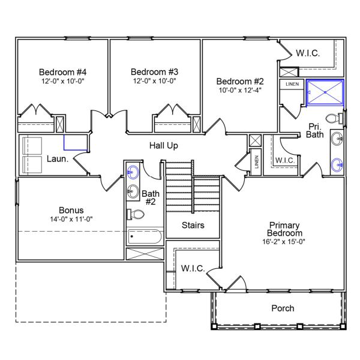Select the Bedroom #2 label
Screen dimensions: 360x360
(x=240, y=81)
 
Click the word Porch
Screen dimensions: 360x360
(x=283, y=308)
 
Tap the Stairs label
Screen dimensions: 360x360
(x=193, y=226)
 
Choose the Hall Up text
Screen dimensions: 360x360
(x=163, y=145)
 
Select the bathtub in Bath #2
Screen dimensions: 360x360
(x=145, y=236)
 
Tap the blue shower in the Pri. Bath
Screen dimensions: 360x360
(x=325, y=92)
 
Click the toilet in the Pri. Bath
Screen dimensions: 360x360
(x=334, y=118)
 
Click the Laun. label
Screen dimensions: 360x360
(x=58, y=159)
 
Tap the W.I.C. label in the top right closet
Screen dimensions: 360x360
(x=307, y=53)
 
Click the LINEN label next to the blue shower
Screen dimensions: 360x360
(x=292, y=84)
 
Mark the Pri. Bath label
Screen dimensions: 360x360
(x=316, y=130)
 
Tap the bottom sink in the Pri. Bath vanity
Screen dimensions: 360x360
(x=338, y=163)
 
